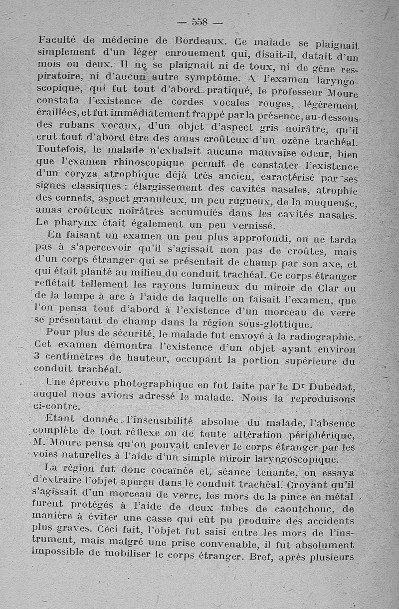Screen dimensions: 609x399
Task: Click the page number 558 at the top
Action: point(199,22)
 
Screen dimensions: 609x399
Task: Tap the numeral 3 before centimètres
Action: point(37,358)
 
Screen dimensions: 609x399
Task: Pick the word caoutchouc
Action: point(299,507)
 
